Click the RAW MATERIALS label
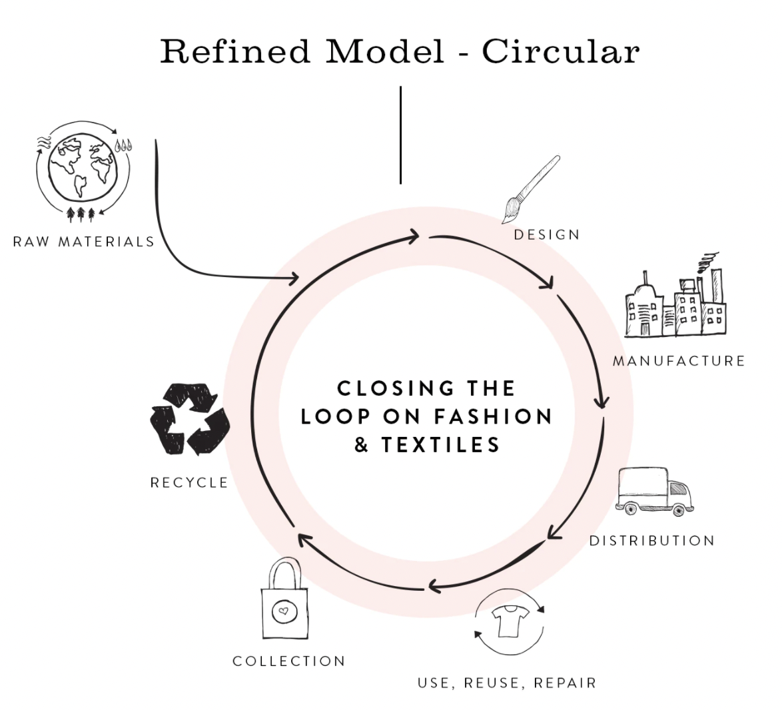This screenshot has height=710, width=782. point(84,241)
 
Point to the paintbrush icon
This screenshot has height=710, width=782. point(529,190)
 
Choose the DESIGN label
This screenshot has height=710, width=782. point(547,234)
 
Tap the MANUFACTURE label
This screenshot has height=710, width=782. point(679,361)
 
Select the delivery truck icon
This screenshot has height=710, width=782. point(654,492)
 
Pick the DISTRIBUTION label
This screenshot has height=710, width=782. point(651,540)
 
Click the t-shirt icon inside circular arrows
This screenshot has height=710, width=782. point(509,621)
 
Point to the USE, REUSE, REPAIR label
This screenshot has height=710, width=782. point(506,683)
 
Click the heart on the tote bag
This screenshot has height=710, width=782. point(284,610)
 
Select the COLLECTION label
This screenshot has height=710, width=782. point(289,661)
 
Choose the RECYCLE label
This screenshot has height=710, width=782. point(189,482)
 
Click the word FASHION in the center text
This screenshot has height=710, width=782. point(493,416)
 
